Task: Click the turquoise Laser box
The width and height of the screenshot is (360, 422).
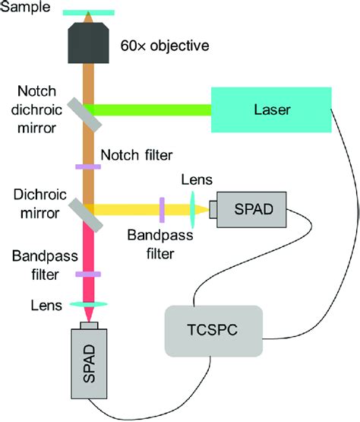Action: tap(271, 109)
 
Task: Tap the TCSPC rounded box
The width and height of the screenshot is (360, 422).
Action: tap(213, 331)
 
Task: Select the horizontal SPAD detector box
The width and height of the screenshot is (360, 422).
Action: tap(251, 210)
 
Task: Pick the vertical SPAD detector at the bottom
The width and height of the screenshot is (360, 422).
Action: tap(89, 363)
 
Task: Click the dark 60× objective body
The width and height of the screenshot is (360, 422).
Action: tap(88, 43)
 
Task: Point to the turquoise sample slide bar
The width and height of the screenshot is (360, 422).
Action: tap(88, 13)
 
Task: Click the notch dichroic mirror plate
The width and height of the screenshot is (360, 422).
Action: tap(84, 115)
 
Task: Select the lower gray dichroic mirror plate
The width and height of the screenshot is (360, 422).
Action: tap(86, 215)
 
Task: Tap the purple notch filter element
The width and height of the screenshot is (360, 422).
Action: tap(88, 167)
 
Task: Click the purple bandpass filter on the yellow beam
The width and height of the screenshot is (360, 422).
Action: tap(162, 210)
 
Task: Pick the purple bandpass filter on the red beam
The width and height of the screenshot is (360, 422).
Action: tap(88, 274)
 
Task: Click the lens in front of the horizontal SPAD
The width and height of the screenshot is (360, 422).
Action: tap(192, 210)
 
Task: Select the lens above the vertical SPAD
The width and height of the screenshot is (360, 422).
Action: tap(89, 304)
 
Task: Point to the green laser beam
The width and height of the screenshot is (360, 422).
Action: tap(147, 109)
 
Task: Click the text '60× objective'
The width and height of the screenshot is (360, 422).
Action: tap(165, 46)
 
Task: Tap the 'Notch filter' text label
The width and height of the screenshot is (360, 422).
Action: tap(137, 155)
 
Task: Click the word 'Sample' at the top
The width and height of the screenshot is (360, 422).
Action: tap(25, 7)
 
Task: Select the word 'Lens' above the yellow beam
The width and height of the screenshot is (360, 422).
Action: tap(197, 179)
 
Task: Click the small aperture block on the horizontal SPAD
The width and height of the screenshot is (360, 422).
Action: tap(213, 209)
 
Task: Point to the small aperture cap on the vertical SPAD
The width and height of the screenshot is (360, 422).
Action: tap(89, 325)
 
